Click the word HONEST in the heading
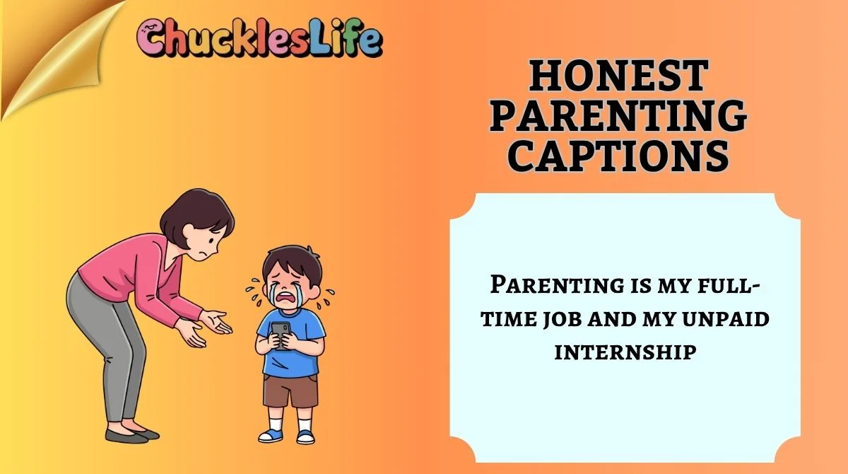(x=618, y=76)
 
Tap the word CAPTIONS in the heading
(x=618, y=154)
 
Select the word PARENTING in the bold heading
(x=618, y=115)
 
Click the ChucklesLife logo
(x=260, y=40)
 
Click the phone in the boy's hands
(x=281, y=335)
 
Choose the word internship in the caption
(x=625, y=351)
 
